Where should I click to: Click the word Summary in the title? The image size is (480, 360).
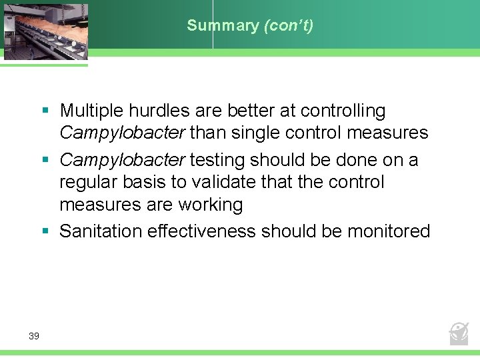click(223, 25)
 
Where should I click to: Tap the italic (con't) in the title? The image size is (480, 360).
click(289, 25)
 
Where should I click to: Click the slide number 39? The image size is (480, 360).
click(34, 336)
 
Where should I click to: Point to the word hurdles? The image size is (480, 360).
click(155, 110)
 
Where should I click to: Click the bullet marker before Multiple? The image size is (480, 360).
click(45, 110)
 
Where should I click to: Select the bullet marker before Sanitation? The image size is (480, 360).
click(45, 231)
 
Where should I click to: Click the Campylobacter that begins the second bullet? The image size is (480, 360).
click(121, 160)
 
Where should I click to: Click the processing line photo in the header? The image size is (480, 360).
click(44, 29)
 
